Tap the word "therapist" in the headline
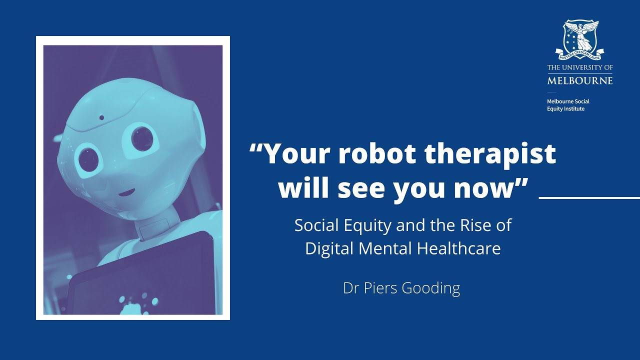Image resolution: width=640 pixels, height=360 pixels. tap(497, 154)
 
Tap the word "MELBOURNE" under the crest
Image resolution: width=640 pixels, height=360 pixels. tap(580, 80)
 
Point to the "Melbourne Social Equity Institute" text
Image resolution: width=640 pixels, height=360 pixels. tap(568, 105)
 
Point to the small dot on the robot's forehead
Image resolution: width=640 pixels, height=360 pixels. tap(102, 118)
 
